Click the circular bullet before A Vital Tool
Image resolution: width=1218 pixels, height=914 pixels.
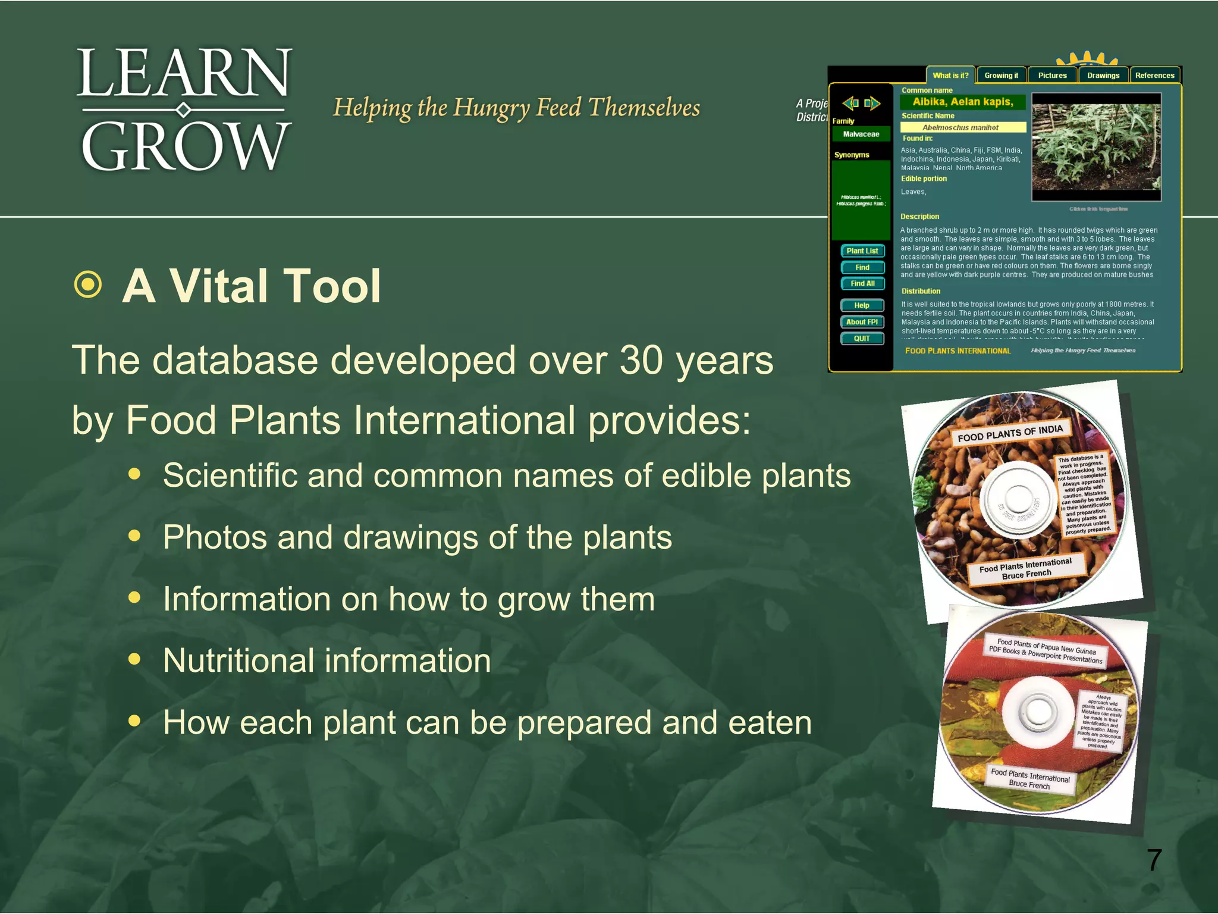click(x=89, y=284)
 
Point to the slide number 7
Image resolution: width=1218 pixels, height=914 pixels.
click(x=1154, y=860)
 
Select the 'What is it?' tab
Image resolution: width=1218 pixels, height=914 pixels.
click(x=950, y=76)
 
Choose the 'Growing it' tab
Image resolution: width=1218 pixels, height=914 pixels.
click(x=1001, y=76)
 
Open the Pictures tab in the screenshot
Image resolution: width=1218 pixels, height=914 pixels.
click(x=1052, y=76)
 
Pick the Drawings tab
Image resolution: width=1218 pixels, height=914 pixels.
click(x=1103, y=76)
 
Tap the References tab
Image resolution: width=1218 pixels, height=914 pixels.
click(x=1154, y=76)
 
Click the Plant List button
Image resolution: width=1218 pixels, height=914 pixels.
click(x=862, y=251)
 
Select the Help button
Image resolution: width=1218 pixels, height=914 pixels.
click(x=862, y=305)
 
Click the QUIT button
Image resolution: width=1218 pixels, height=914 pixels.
click(x=862, y=339)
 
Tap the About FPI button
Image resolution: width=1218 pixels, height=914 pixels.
click(x=862, y=322)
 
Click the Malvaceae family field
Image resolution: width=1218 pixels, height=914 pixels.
click(x=861, y=134)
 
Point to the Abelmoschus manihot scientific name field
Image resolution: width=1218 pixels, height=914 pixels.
click(x=963, y=127)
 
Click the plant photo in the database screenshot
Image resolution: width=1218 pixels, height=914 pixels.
click(x=1096, y=147)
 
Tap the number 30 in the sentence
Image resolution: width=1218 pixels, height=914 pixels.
click(x=641, y=361)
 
